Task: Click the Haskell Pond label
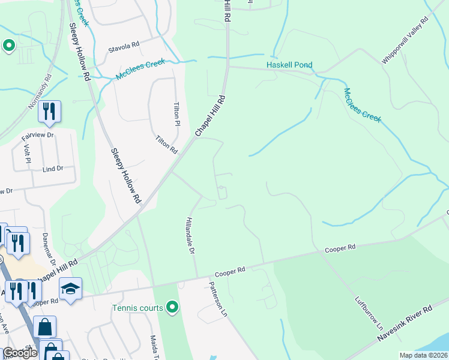pyautogui.click(x=289, y=65)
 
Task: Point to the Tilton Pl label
pyautogui.click(x=177, y=113)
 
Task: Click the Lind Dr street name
pyautogui.click(x=53, y=169)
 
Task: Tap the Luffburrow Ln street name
pyautogui.click(x=369, y=314)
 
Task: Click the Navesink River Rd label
pyautogui.click(x=405, y=325)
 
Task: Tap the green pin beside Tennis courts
pyautogui.click(x=173, y=308)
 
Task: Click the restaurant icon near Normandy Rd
pyautogui.click(x=49, y=112)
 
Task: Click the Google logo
pyautogui.click(x=20, y=353)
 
